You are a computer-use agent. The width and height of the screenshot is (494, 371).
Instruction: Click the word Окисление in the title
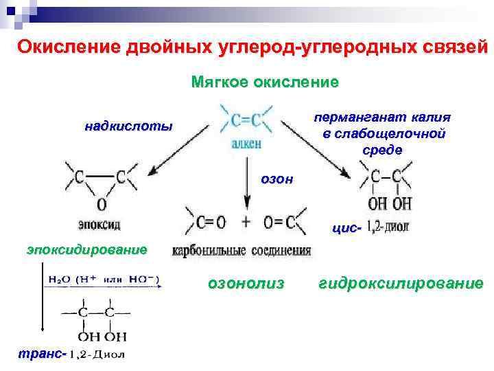67,47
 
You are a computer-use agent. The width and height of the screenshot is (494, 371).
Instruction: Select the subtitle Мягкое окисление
265,82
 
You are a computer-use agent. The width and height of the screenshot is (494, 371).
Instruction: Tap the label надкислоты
129,126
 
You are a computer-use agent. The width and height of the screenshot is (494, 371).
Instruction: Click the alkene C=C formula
246,121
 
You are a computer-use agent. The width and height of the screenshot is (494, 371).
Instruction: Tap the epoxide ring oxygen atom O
101,203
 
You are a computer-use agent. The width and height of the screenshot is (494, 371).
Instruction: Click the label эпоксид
100,223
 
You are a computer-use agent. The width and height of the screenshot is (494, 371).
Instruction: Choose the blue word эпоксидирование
87,249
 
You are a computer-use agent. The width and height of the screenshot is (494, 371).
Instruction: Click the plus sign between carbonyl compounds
246,221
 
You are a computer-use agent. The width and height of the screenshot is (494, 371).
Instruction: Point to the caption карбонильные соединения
242,250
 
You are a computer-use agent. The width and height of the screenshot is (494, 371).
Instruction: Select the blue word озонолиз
246,283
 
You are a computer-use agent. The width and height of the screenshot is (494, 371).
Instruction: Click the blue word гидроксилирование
401,283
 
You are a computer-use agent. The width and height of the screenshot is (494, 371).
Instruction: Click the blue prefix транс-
40,355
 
